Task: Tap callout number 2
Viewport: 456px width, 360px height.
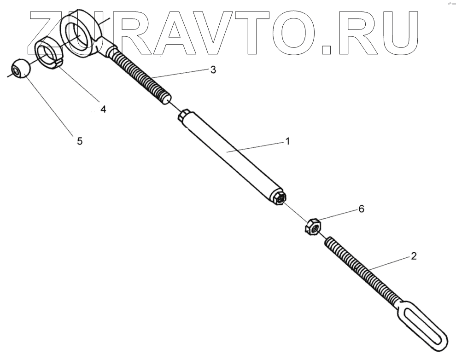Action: tap(414, 256)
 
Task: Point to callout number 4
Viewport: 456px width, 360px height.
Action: tap(103, 109)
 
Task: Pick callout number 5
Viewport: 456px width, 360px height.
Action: tap(80, 141)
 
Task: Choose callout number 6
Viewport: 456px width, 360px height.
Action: tap(361, 209)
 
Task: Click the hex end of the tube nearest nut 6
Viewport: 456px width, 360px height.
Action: tap(279, 198)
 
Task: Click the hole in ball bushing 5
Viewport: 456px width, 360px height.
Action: tap(17, 70)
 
